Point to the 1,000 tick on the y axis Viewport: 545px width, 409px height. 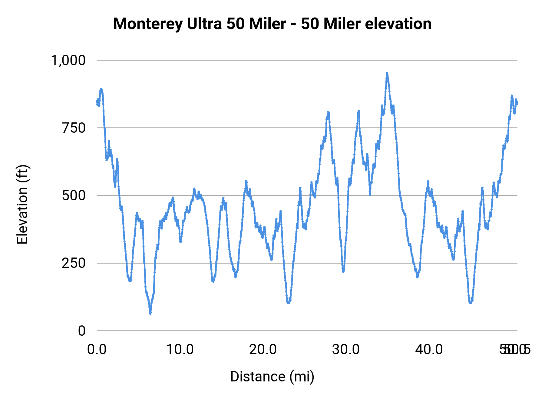(68, 60)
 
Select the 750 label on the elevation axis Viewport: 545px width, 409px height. (74, 128)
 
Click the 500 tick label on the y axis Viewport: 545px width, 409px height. (74, 195)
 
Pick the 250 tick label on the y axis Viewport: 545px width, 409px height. (74, 263)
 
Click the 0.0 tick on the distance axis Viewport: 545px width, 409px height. (97, 350)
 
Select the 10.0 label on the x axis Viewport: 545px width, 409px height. (180, 350)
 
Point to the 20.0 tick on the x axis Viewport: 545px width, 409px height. (263, 350)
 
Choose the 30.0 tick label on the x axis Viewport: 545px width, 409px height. (346, 350)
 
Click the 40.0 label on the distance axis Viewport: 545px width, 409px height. (429, 350)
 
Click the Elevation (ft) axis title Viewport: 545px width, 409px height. (22, 205)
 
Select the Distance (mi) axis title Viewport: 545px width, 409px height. (272, 377)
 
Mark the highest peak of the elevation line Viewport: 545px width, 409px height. (387, 73)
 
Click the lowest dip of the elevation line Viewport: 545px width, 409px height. (150, 313)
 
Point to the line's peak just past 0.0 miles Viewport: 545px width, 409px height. (101, 89)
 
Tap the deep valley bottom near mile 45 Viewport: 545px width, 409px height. (470, 303)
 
